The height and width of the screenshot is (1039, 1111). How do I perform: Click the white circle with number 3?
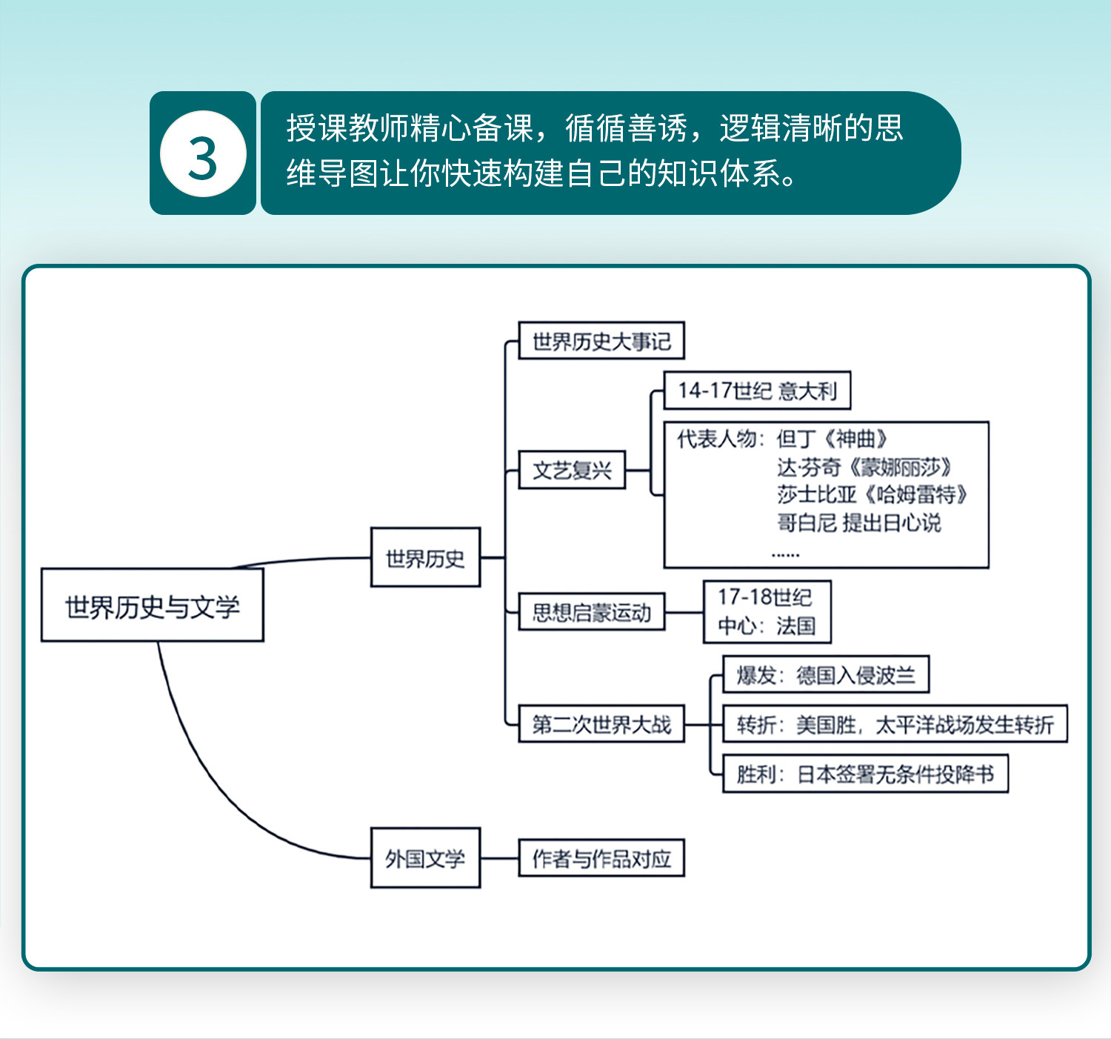pyautogui.click(x=203, y=154)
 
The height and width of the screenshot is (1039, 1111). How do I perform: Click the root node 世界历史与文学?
pyautogui.click(x=153, y=605)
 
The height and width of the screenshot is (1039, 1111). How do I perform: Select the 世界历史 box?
pyautogui.click(x=425, y=557)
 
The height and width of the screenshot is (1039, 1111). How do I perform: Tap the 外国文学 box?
pyautogui.click(x=425, y=857)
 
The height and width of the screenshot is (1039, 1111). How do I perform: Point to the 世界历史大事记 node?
pyautogui.click(x=601, y=341)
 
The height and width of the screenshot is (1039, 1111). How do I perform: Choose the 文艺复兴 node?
pyautogui.click(x=572, y=470)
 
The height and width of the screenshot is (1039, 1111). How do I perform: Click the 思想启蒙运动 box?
pyautogui.click(x=591, y=611)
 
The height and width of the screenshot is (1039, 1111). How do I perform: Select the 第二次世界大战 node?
pyautogui.click(x=601, y=724)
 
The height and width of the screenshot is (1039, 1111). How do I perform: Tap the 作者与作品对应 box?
pyautogui.click(x=601, y=857)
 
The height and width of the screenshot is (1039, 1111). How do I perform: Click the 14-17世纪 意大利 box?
pyautogui.click(x=756, y=391)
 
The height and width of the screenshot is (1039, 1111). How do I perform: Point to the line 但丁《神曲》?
pyautogui.click(x=831, y=439)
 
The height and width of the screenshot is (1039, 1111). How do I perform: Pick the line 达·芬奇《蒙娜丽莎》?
pyautogui.click(x=864, y=467)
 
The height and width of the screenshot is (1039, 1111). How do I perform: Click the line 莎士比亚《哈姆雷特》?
pyautogui.click(x=872, y=494)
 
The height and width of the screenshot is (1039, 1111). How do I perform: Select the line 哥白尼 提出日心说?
pyautogui.click(x=858, y=522)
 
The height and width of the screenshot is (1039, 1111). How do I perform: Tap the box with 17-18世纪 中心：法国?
pyautogui.click(x=767, y=611)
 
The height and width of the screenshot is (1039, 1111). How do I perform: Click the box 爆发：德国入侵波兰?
pyautogui.click(x=825, y=674)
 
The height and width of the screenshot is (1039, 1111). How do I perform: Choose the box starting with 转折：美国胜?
pyautogui.click(x=894, y=724)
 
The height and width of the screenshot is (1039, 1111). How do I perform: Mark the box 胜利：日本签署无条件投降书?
pyautogui.click(x=864, y=774)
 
